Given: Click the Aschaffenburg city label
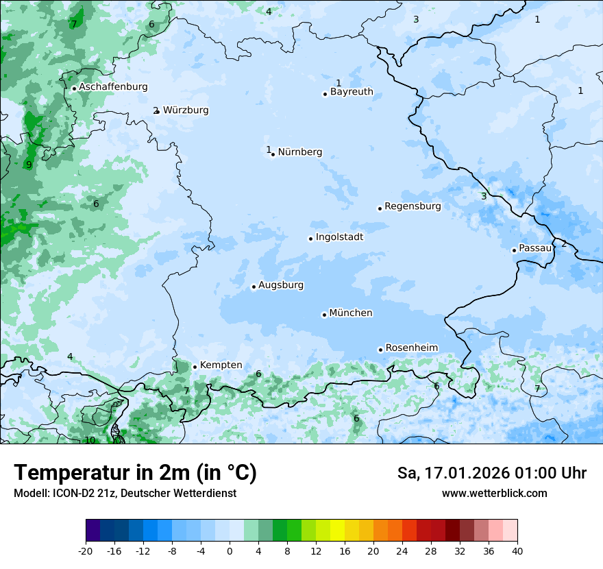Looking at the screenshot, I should click(x=113, y=87).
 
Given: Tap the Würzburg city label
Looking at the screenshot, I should click(x=186, y=110).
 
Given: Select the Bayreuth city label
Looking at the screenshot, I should click(x=352, y=92).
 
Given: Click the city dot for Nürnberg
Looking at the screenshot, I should click(x=273, y=154).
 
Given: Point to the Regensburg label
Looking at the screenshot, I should click(x=413, y=206).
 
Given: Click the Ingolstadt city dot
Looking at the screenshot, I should click(x=310, y=239).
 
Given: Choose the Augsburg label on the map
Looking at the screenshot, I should click(x=281, y=285).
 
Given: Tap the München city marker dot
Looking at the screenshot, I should click(x=324, y=315).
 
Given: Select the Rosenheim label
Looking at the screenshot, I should click(x=411, y=348).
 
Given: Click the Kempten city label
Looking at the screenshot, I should click(x=221, y=365).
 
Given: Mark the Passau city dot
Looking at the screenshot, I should click(x=514, y=250).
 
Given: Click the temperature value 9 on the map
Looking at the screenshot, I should click(x=29, y=165).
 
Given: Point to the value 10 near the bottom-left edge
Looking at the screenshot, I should click(x=90, y=440).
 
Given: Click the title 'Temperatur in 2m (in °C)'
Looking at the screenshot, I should click(x=135, y=473).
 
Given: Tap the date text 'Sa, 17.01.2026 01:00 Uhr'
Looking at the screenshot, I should click(x=491, y=473).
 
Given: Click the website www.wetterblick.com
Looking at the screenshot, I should click(x=494, y=493).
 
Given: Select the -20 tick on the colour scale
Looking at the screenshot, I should click(x=86, y=551).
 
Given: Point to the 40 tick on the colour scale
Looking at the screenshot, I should click(x=517, y=551).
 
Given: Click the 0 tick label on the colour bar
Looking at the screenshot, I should click(x=230, y=551).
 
